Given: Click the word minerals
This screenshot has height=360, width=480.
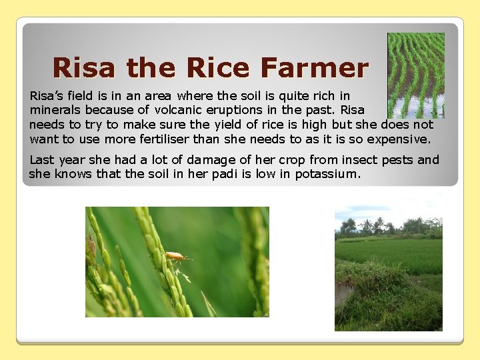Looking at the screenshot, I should tap(55, 109).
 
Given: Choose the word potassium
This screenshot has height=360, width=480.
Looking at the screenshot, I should tap(327, 174).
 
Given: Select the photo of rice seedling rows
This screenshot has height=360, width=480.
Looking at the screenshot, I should tap(416, 75).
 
